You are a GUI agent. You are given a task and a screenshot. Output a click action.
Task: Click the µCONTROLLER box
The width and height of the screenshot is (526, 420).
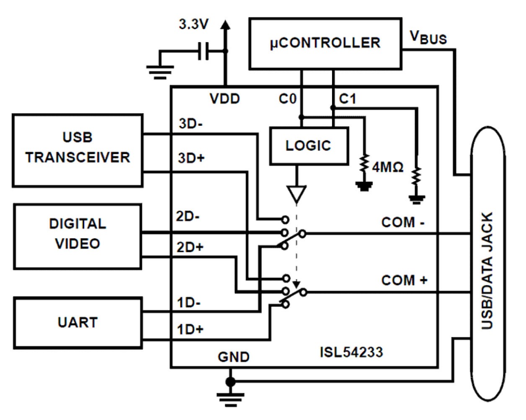[x=325, y=43]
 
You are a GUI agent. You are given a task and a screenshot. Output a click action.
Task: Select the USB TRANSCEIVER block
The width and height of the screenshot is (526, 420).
[x=77, y=150]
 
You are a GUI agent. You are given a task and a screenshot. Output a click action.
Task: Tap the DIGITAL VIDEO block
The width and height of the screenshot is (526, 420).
[x=77, y=236]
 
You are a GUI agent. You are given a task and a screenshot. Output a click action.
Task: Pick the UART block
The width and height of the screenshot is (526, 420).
[x=77, y=323]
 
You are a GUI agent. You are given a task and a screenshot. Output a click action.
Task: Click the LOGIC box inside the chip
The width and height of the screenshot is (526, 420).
[x=309, y=146]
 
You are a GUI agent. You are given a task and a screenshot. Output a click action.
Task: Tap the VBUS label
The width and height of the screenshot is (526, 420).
[x=428, y=38]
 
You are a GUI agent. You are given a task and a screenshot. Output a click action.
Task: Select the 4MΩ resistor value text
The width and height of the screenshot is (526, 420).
[x=387, y=167]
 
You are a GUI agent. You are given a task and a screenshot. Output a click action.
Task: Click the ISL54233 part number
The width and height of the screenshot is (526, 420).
[x=351, y=352]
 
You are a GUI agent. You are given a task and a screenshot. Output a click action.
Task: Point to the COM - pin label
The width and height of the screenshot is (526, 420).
[x=402, y=222]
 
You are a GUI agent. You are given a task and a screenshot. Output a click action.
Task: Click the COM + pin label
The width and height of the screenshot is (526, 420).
[x=404, y=280]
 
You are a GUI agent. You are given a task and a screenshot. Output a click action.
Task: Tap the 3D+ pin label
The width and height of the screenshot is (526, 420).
[x=191, y=158]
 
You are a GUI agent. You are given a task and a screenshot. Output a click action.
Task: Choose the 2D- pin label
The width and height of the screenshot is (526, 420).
[x=188, y=216]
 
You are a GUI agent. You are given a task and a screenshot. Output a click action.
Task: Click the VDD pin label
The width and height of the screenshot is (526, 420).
[x=225, y=99]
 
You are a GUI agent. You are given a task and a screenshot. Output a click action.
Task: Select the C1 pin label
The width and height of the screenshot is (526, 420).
[x=348, y=99]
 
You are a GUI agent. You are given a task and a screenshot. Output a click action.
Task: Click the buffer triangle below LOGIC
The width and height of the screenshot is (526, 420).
[x=297, y=194]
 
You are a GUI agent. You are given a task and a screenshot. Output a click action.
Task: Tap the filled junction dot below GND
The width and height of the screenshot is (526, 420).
[x=230, y=381]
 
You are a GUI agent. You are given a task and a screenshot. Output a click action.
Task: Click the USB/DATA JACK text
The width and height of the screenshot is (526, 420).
[x=487, y=270]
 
